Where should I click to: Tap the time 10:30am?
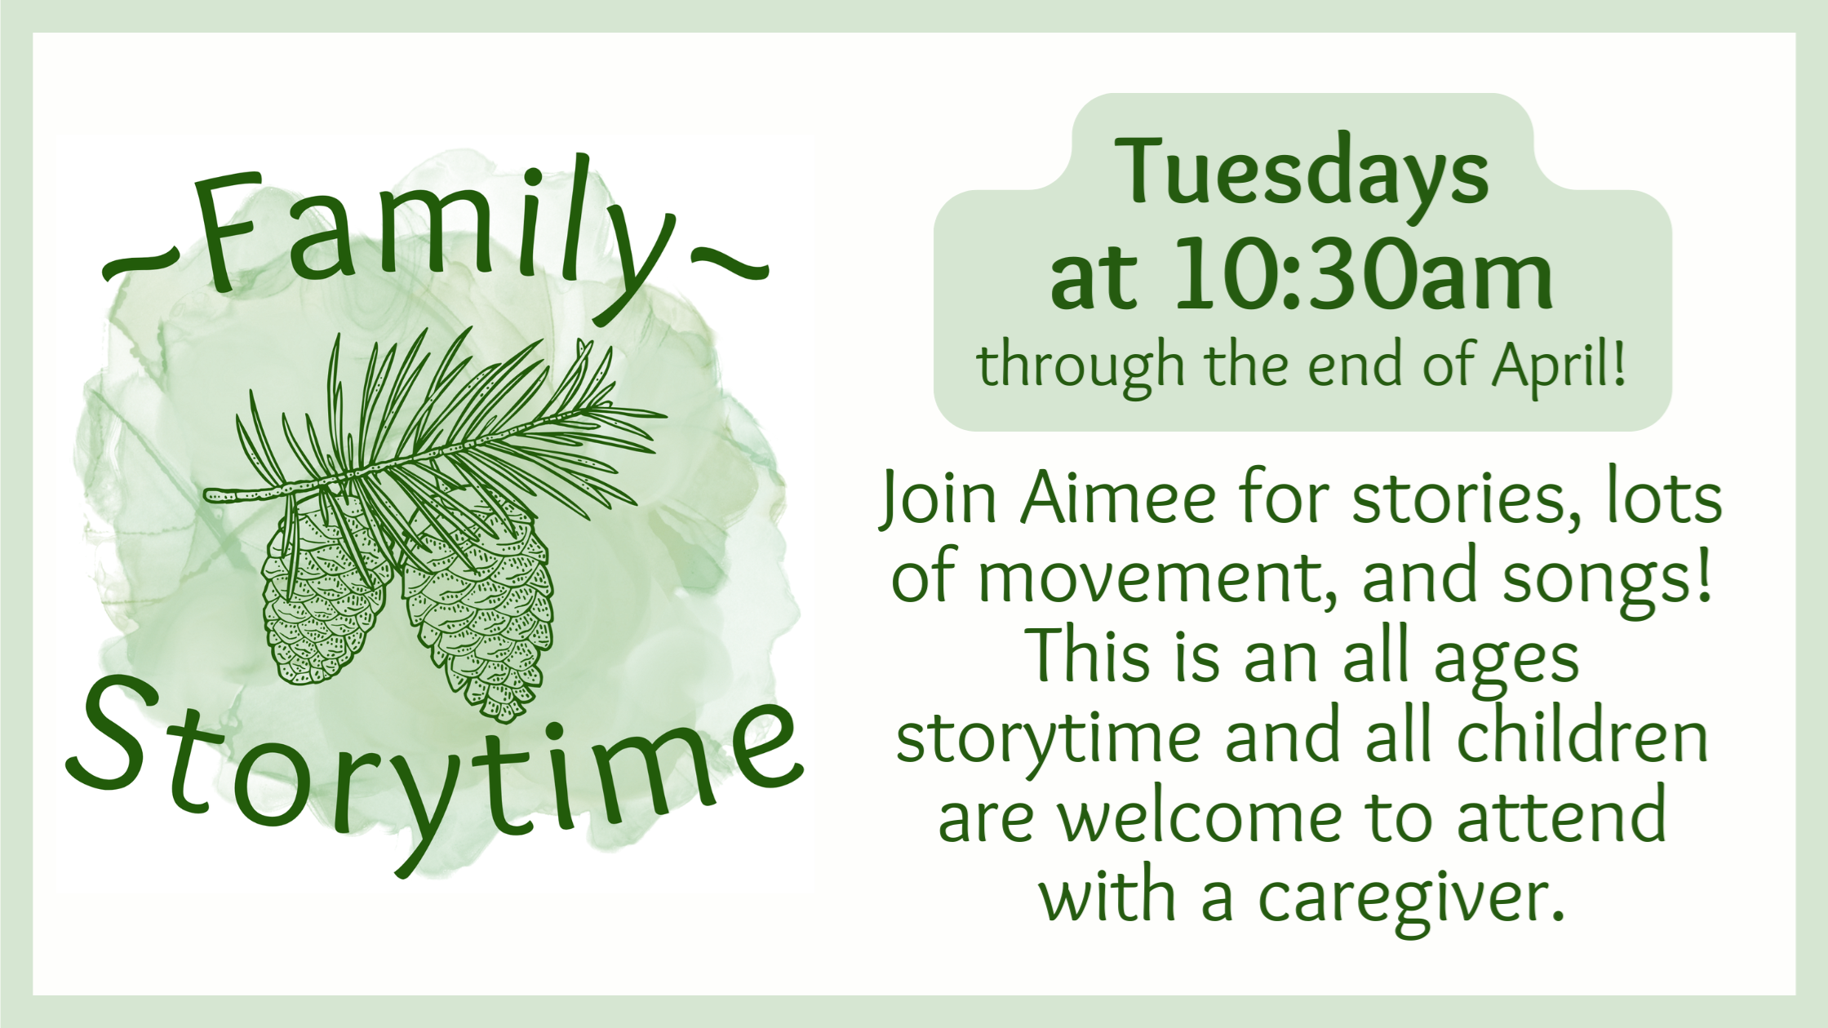[x=1363, y=275]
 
